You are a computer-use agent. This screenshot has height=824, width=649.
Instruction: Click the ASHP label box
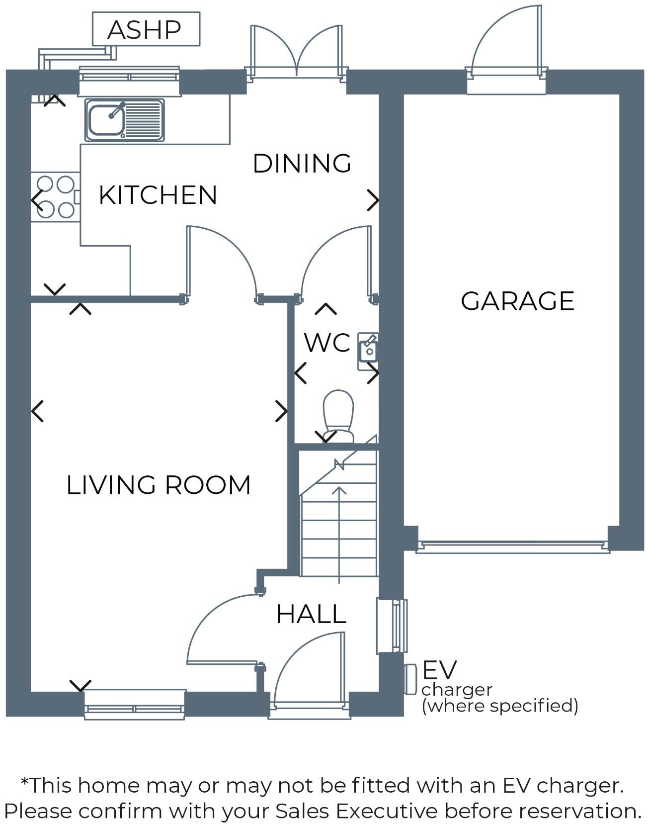[x=146, y=29]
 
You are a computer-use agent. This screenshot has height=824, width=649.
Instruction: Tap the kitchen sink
[x=124, y=120]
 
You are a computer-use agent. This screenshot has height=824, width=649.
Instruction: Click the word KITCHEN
[x=158, y=195]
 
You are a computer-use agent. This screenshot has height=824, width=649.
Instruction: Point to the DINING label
[x=302, y=164]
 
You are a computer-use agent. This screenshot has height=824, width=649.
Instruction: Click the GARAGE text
[x=517, y=301]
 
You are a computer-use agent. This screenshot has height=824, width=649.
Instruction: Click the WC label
[x=327, y=343]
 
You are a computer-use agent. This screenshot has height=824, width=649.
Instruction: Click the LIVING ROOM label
[x=159, y=485]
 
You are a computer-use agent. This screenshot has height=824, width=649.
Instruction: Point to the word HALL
[x=311, y=615]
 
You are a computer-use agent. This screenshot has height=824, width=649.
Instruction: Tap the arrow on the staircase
[x=339, y=532]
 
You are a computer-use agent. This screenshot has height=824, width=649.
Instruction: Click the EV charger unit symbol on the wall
[x=410, y=679]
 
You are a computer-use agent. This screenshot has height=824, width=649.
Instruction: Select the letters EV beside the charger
[x=439, y=670]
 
